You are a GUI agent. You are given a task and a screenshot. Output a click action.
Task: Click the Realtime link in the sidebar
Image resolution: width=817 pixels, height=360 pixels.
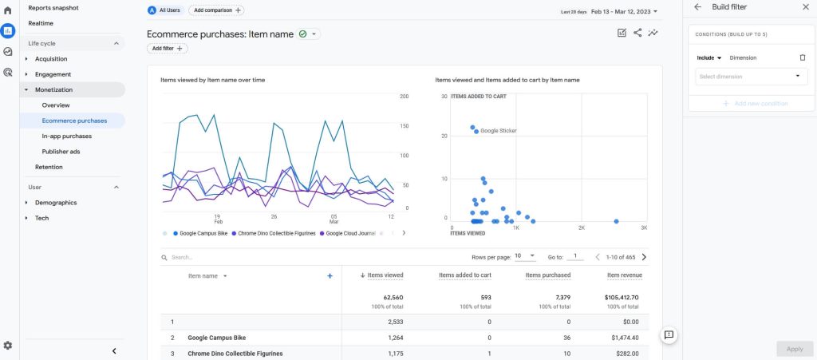point(41,23)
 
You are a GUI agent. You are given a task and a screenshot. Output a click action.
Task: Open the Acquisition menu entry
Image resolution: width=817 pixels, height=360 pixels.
point(51,59)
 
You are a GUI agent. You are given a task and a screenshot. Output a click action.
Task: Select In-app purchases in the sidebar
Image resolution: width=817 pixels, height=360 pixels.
point(67,136)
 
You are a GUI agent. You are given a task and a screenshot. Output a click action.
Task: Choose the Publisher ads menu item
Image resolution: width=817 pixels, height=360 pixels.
point(61,152)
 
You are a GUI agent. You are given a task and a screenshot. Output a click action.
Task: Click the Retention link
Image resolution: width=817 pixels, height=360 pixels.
point(49,167)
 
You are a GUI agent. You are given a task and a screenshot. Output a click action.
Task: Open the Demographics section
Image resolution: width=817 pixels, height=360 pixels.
point(56,203)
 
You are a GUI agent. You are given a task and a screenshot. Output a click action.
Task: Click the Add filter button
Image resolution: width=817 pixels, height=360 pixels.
point(168,49)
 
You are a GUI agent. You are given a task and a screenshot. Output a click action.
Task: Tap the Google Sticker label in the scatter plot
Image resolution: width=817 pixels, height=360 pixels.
point(499,131)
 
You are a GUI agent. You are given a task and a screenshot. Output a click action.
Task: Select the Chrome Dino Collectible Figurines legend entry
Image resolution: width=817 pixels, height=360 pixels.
point(274,233)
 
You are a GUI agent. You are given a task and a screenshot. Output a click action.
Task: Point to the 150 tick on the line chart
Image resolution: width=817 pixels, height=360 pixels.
point(403,126)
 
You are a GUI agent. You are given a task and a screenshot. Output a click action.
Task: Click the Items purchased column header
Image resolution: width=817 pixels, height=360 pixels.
point(547,275)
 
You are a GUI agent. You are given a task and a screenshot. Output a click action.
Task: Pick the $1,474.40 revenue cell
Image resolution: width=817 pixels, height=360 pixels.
point(625,338)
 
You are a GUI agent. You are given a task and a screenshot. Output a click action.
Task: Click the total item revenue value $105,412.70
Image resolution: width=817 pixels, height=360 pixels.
point(621,298)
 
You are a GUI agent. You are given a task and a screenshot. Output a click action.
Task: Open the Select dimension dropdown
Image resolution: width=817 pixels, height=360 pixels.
point(752,77)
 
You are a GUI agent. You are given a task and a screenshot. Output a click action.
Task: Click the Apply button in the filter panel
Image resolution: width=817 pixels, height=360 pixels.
point(795,349)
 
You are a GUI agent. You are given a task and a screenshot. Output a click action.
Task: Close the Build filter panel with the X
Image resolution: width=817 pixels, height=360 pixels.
point(806,6)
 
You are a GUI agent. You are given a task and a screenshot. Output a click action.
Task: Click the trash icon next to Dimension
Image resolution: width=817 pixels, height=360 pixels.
point(803,57)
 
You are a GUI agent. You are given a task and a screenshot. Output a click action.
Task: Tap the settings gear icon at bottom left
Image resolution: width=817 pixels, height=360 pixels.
point(8,346)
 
